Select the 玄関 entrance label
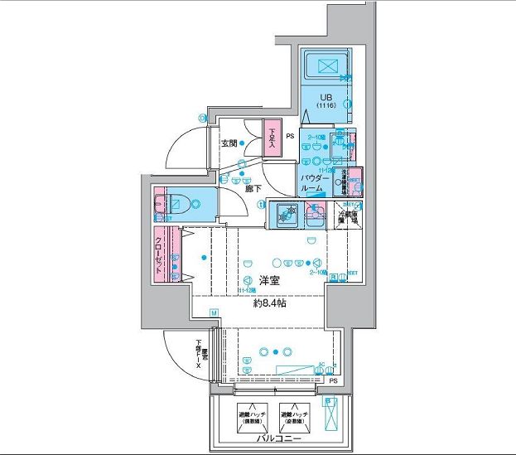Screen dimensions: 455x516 point(229,143)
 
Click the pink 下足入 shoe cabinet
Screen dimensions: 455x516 point(272,139)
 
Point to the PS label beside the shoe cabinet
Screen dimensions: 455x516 point(290,136)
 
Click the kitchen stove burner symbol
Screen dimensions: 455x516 point(286,215)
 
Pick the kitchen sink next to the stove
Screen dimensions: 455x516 point(314,218)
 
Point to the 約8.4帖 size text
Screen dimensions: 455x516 point(269,303)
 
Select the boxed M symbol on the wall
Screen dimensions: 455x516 point(214,313)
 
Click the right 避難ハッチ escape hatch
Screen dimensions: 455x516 point(295,414)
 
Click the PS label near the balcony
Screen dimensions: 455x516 point(333,380)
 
